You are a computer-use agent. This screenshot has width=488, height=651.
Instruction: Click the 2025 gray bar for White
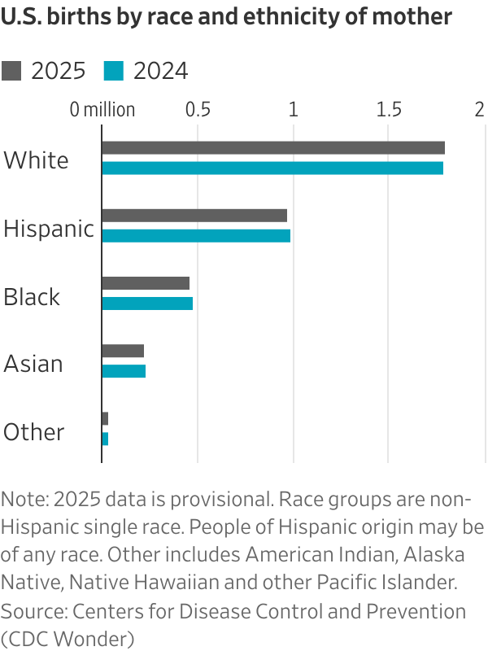click(273, 147)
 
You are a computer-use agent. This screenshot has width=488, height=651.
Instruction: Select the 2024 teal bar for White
click(272, 168)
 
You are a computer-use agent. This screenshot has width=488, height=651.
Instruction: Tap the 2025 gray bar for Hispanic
click(194, 215)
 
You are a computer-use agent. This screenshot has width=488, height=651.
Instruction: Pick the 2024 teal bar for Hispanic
click(196, 235)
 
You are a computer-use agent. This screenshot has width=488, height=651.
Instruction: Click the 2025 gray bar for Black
click(146, 283)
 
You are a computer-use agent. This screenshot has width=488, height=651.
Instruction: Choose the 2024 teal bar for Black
click(147, 304)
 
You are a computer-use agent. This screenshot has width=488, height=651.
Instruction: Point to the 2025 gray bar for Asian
click(123, 351)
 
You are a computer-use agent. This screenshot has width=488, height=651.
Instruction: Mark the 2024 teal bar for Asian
click(124, 371)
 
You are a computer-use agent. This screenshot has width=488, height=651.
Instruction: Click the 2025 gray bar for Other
click(105, 418)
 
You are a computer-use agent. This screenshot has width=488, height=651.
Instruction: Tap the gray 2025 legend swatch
click(11, 72)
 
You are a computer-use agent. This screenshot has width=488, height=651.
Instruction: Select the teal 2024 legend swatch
click(114, 72)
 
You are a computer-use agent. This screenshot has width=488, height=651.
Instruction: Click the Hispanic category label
click(49, 229)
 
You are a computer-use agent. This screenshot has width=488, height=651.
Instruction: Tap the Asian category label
click(33, 364)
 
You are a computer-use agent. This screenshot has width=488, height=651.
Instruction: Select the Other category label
click(34, 432)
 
